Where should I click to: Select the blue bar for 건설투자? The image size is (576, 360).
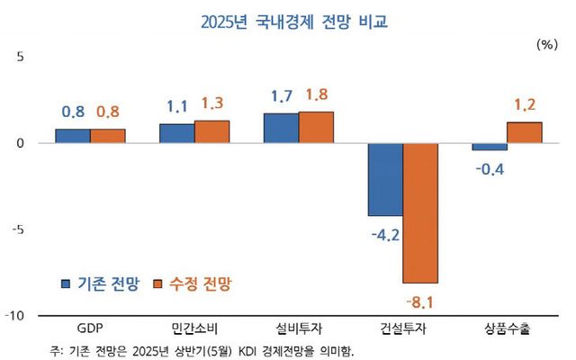384,179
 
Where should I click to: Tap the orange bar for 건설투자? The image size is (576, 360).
420,212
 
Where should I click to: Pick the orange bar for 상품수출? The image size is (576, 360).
524,132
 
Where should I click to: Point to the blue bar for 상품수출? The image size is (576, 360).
490,147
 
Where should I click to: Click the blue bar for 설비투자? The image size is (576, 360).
281,128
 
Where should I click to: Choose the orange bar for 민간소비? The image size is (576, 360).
212,131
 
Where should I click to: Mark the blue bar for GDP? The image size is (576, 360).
73,136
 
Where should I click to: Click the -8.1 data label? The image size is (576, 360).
420,298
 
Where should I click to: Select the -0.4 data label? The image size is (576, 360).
489,166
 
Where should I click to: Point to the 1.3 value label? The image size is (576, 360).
212,103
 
